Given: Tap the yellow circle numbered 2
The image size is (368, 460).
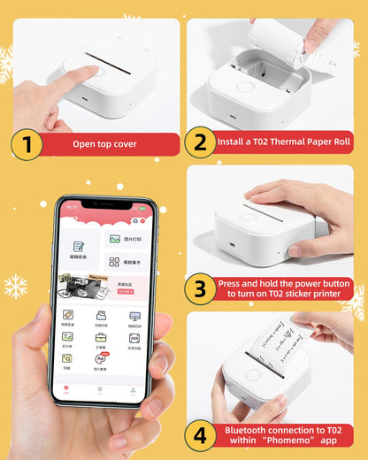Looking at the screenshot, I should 200,142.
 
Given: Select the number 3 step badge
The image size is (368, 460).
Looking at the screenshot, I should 200,287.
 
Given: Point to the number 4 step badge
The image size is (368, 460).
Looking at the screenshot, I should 200,434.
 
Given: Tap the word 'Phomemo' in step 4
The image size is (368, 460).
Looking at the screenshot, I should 285,441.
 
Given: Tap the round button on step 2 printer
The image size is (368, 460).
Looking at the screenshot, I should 245,88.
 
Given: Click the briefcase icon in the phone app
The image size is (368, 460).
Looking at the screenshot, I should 102,336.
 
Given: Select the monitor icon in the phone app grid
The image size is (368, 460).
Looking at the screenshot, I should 134,316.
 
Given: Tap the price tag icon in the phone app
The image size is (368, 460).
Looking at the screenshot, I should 68,315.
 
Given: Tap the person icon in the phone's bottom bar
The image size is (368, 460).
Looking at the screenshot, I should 133,389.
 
